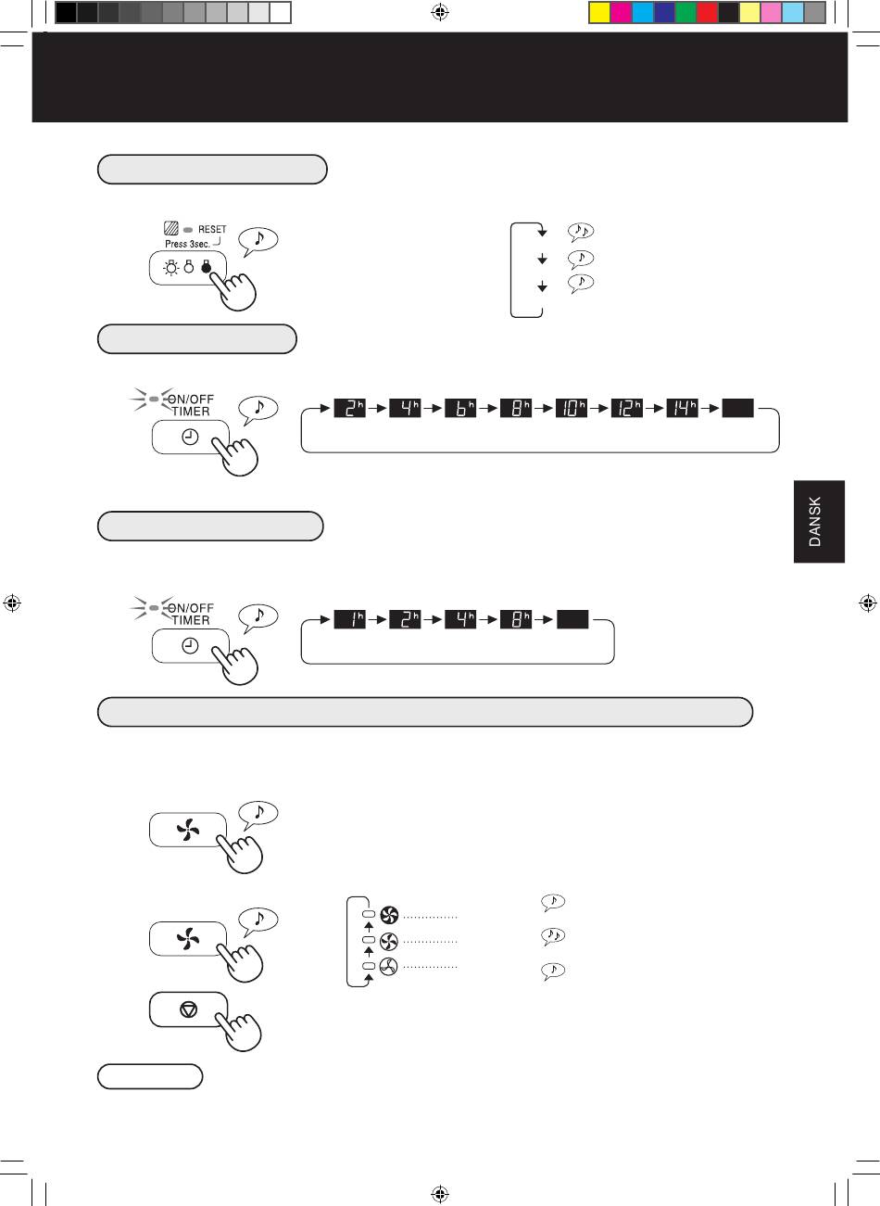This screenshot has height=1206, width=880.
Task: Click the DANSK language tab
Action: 819,521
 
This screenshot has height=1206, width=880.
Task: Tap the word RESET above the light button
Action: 212,229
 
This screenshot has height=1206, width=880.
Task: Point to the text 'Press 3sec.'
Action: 187,244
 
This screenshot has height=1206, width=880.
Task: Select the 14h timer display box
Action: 682,408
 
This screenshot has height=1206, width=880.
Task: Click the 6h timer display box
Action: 460,408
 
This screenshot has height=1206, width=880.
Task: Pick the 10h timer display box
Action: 572,408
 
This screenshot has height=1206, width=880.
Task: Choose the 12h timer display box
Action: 626,408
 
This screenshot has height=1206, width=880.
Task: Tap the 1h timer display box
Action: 349,619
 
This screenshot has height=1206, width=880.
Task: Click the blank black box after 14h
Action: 737,408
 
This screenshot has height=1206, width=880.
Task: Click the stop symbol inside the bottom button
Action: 188,1009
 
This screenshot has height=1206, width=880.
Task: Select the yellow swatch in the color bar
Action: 599,12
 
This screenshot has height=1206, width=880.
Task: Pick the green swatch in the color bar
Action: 685,12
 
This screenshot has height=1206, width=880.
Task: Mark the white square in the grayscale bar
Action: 280,12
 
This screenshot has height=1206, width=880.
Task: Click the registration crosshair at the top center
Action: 440,12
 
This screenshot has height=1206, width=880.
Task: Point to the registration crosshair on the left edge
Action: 12,603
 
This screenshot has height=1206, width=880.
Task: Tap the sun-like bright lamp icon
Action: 171,268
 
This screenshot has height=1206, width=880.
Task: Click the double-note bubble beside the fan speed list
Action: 553,936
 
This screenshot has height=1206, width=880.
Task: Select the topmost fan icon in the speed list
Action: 389,915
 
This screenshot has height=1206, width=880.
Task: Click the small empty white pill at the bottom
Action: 150,1076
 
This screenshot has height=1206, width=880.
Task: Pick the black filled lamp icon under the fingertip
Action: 206,266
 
